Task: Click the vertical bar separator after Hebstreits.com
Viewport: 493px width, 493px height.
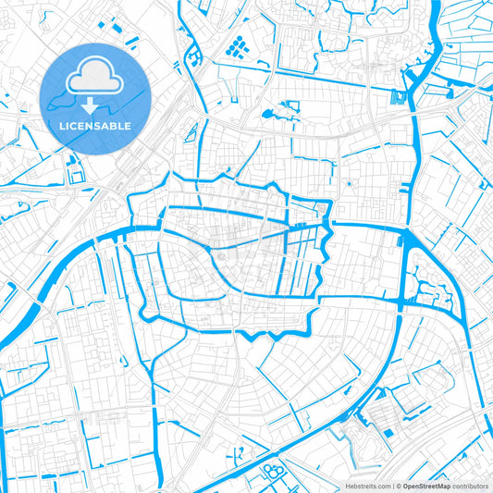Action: [392, 485]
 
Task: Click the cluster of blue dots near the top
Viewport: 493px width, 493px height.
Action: [237, 43]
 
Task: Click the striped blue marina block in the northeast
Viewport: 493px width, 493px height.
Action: [399, 97]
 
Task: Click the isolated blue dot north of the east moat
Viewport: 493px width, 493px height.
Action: [348, 183]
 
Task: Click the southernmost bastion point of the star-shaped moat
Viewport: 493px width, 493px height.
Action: [250, 336]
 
